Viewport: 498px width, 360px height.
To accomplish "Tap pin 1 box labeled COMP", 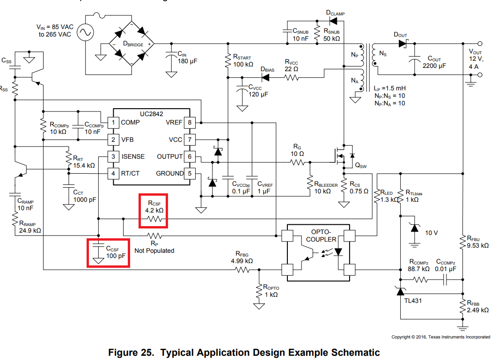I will coord(113,123).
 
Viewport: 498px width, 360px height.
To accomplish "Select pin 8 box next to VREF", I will coord(190,123).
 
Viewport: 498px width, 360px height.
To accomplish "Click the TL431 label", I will coord(413,300).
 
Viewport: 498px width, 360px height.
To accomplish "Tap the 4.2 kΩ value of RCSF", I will coord(154,211).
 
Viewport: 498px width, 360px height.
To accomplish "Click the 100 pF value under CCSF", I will coord(115,256).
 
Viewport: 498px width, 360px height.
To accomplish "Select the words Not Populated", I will coord(154,250).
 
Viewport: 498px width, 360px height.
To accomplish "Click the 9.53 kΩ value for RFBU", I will coord(478,245).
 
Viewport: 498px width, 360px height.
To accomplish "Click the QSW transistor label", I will coord(361,165).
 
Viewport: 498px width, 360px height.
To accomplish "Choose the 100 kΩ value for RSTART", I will coord(243,64).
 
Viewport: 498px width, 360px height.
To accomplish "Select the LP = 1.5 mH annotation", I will coord(389,88).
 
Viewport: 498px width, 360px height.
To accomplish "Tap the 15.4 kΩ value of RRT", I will coord(84,165).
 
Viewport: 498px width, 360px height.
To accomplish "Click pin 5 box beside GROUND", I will coord(190,174).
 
